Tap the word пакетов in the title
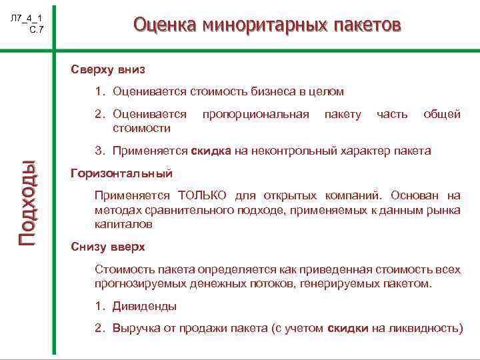(366, 25)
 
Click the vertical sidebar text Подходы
(31, 203)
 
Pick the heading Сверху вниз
(108, 69)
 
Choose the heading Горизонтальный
(121, 173)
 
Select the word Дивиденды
(145, 307)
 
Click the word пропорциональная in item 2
(255, 114)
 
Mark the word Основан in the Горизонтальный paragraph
(413, 196)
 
